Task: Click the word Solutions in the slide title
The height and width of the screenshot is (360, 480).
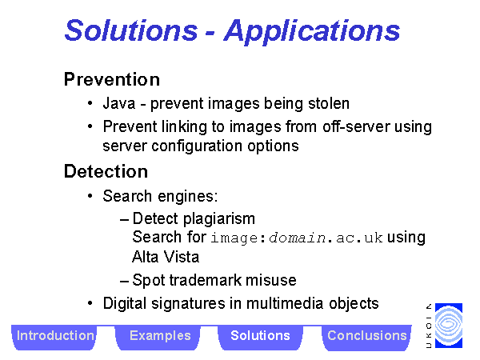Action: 131,30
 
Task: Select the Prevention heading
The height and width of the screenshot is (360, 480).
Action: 112,79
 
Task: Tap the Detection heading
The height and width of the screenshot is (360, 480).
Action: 106,171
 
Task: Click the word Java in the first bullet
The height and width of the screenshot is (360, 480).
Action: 118,103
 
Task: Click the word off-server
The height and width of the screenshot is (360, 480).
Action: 356,126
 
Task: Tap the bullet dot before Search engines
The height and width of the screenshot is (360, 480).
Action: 90,196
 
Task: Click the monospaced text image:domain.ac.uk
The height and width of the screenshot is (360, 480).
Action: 297,238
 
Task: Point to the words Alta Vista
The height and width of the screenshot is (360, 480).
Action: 166,257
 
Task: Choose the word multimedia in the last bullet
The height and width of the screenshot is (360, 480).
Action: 285,303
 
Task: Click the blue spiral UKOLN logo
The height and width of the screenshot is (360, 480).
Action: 449,326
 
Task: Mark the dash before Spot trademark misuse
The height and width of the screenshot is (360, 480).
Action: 124,281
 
